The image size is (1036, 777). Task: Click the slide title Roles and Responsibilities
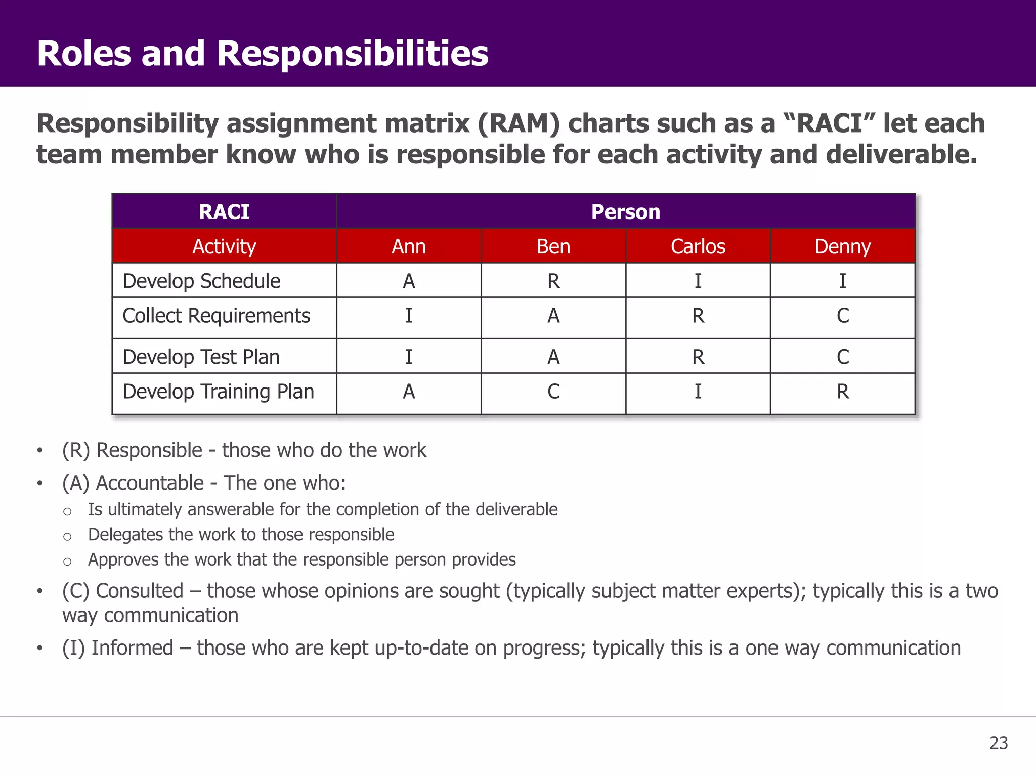[x=263, y=53]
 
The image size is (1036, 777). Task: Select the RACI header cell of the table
[x=224, y=212]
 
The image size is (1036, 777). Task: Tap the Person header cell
[x=626, y=212]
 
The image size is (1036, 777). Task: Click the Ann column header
[x=409, y=246]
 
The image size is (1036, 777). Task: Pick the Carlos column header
[x=698, y=246]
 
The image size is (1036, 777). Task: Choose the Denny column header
[x=842, y=246]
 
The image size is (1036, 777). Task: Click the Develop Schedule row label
[x=201, y=281]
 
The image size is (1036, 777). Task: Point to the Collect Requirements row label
[x=216, y=316]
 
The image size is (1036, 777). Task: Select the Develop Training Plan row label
[x=218, y=392]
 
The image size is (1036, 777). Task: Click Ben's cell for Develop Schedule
[x=553, y=281]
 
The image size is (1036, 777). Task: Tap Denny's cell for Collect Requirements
[x=842, y=316]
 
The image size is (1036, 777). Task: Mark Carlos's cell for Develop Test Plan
[x=698, y=357]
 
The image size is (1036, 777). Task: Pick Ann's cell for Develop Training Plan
[x=409, y=392]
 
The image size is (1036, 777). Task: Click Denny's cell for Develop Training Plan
[x=842, y=392]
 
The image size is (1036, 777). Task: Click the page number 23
[x=999, y=743]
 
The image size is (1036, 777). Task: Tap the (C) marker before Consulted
[x=76, y=591]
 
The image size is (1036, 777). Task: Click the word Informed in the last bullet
[x=132, y=648]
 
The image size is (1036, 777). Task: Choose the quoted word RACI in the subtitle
[x=830, y=123]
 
